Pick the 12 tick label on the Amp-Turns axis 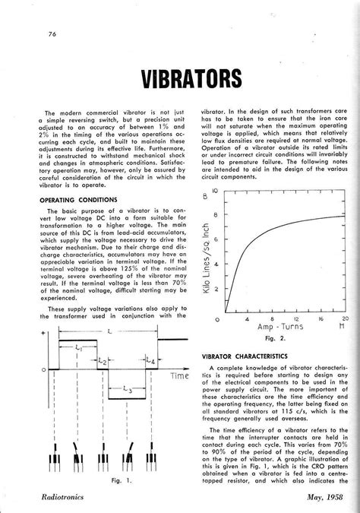point(296,318)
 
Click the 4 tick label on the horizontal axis point(248,318)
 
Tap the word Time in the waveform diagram point(178,376)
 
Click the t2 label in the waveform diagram point(102,363)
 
